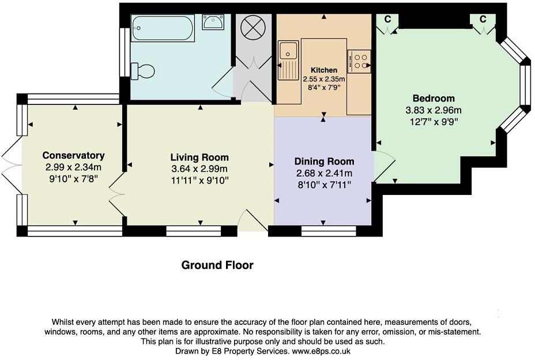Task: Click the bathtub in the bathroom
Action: (x=163, y=28)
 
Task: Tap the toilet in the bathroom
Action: (x=142, y=71)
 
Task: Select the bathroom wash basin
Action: (x=213, y=22)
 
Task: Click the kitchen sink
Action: (x=288, y=60)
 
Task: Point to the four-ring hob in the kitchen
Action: (x=359, y=61)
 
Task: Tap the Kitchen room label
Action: (x=324, y=70)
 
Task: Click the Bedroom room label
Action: (x=434, y=99)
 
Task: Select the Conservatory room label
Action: (x=73, y=155)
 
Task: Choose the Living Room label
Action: (x=199, y=157)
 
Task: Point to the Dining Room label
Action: (x=324, y=161)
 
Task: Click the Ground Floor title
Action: (x=217, y=265)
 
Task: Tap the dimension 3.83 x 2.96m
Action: (x=434, y=110)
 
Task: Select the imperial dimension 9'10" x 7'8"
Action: (x=74, y=179)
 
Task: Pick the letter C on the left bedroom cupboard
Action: (x=387, y=19)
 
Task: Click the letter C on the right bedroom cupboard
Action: (x=483, y=19)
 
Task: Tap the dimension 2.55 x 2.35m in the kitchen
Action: (x=324, y=79)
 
